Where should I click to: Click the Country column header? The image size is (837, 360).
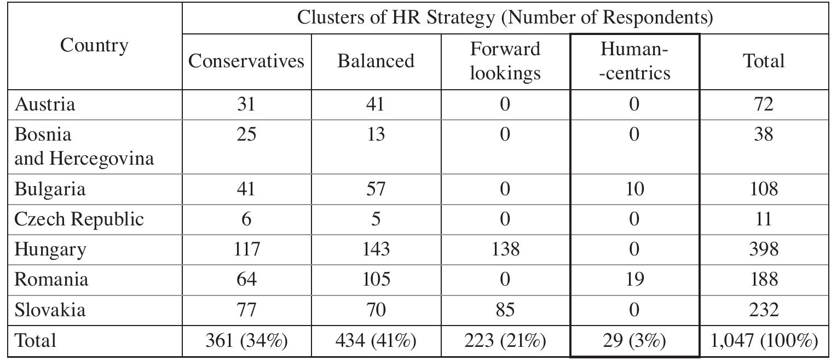coord(94,46)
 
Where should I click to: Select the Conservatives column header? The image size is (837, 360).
coord(246,61)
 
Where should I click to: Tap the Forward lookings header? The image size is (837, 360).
coord(505,61)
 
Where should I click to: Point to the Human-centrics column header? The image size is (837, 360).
coord(634,61)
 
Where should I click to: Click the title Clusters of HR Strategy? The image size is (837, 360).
coord(505,18)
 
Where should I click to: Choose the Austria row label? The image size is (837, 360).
coord(45,104)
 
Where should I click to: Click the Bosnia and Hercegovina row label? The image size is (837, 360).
coord(84,146)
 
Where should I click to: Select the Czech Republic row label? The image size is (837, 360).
coord(79,219)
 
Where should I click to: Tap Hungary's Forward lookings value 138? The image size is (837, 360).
coord(505,249)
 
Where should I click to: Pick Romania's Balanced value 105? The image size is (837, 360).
coord(376,280)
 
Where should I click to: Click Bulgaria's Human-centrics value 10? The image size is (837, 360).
coord(634,189)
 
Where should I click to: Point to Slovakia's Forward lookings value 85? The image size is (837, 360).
coord(505,310)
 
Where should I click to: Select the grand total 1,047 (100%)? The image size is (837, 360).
coord(764,341)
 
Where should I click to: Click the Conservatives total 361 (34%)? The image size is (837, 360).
coord(246,341)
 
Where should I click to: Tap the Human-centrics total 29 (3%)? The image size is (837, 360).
coord(634,341)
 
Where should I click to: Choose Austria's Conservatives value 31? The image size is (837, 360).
coord(246,104)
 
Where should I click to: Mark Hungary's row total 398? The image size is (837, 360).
coord(764,249)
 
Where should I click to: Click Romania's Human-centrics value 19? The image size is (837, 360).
coord(634,280)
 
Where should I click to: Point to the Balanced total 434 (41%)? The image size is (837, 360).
coord(376,341)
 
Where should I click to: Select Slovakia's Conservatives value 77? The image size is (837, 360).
coord(246,310)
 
